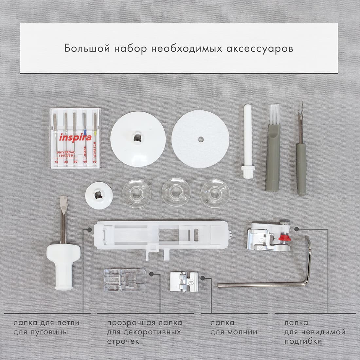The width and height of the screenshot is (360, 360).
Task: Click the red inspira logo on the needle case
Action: pos(75,137)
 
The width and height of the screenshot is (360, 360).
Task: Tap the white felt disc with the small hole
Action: pos(200,139)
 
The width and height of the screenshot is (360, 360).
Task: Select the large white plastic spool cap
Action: pos(138,139)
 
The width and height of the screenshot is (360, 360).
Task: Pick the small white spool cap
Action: pos(99,195)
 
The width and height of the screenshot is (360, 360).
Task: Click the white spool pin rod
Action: pos(247,141)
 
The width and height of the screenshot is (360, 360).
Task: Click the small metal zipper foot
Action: pos(184,282)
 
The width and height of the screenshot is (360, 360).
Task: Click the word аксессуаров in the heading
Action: pos(260,49)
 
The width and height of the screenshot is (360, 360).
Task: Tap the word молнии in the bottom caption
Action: pos(243,332)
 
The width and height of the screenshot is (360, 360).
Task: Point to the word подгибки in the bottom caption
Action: pos(303,341)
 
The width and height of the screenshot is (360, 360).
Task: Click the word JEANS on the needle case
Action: pos(85,152)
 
